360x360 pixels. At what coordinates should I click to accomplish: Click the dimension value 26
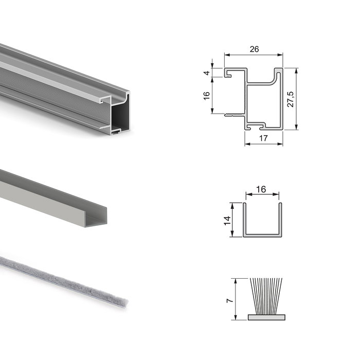(x=253, y=49)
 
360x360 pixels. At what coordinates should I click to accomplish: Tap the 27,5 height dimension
(x=291, y=99)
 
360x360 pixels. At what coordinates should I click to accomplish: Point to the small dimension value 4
(x=207, y=73)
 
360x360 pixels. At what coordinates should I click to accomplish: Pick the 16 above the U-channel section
(x=261, y=189)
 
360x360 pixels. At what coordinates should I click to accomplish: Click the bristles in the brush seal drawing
(x=265, y=296)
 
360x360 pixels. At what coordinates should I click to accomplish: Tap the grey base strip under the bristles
(x=265, y=317)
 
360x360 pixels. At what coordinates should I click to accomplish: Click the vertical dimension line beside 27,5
(x=297, y=99)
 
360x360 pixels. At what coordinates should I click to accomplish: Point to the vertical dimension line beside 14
(x=233, y=220)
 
